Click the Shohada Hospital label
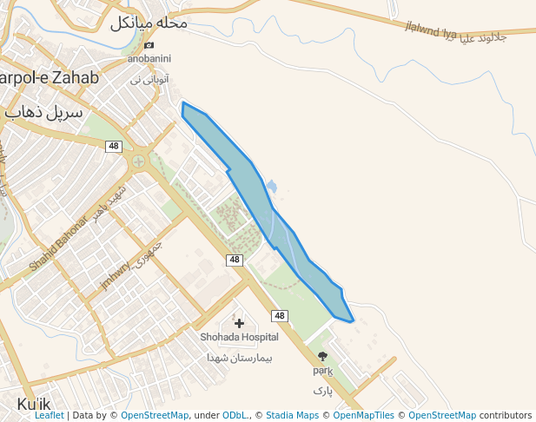(x=239, y=337)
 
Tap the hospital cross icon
(x=239, y=324)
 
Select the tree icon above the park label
(x=322, y=356)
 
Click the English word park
(x=323, y=371)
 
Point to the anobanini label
(x=149, y=59)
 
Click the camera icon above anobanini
(x=149, y=45)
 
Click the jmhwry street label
(x=116, y=275)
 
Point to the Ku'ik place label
(x=35, y=405)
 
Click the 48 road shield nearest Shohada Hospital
(x=279, y=316)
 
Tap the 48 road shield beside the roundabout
(x=114, y=146)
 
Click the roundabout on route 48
(x=138, y=161)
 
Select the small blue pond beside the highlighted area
(x=271, y=186)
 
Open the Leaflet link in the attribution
(x=49, y=416)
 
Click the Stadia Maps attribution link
(x=292, y=416)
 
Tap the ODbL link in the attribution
(x=235, y=416)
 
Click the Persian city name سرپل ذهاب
(x=43, y=113)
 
